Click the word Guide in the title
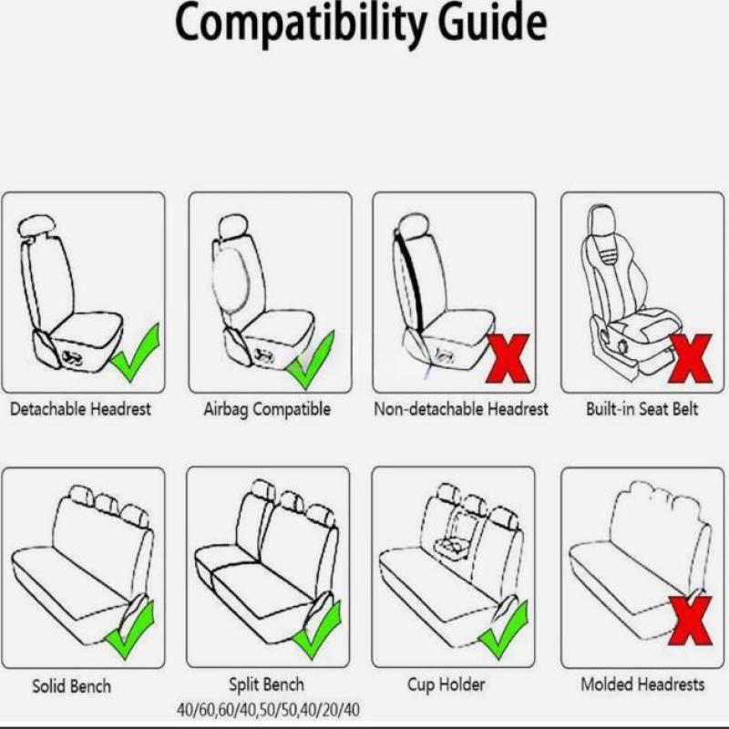click(x=493, y=21)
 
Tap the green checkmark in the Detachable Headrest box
click(x=136, y=354)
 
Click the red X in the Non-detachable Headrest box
click(x=508, y=358)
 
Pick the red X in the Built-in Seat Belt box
click(x=691, y=358)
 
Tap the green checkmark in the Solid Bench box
click(x=130, y=630)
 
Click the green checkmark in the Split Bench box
click(x=317, y=630)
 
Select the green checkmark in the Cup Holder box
click(x=504, y=630)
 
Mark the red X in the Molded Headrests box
click(x=691, y=621)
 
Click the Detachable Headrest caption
click(x=80, y=409)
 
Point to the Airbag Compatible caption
click(x=267, y=409)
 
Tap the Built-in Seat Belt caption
click(x=642, y=409)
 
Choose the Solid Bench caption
click(x=72, y=686)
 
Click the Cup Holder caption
click(x=447, y=685)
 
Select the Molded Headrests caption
click(x=642, y=684)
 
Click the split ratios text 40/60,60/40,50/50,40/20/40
click(x=268, y=711)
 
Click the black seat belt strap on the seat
click(x=410, y=283)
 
